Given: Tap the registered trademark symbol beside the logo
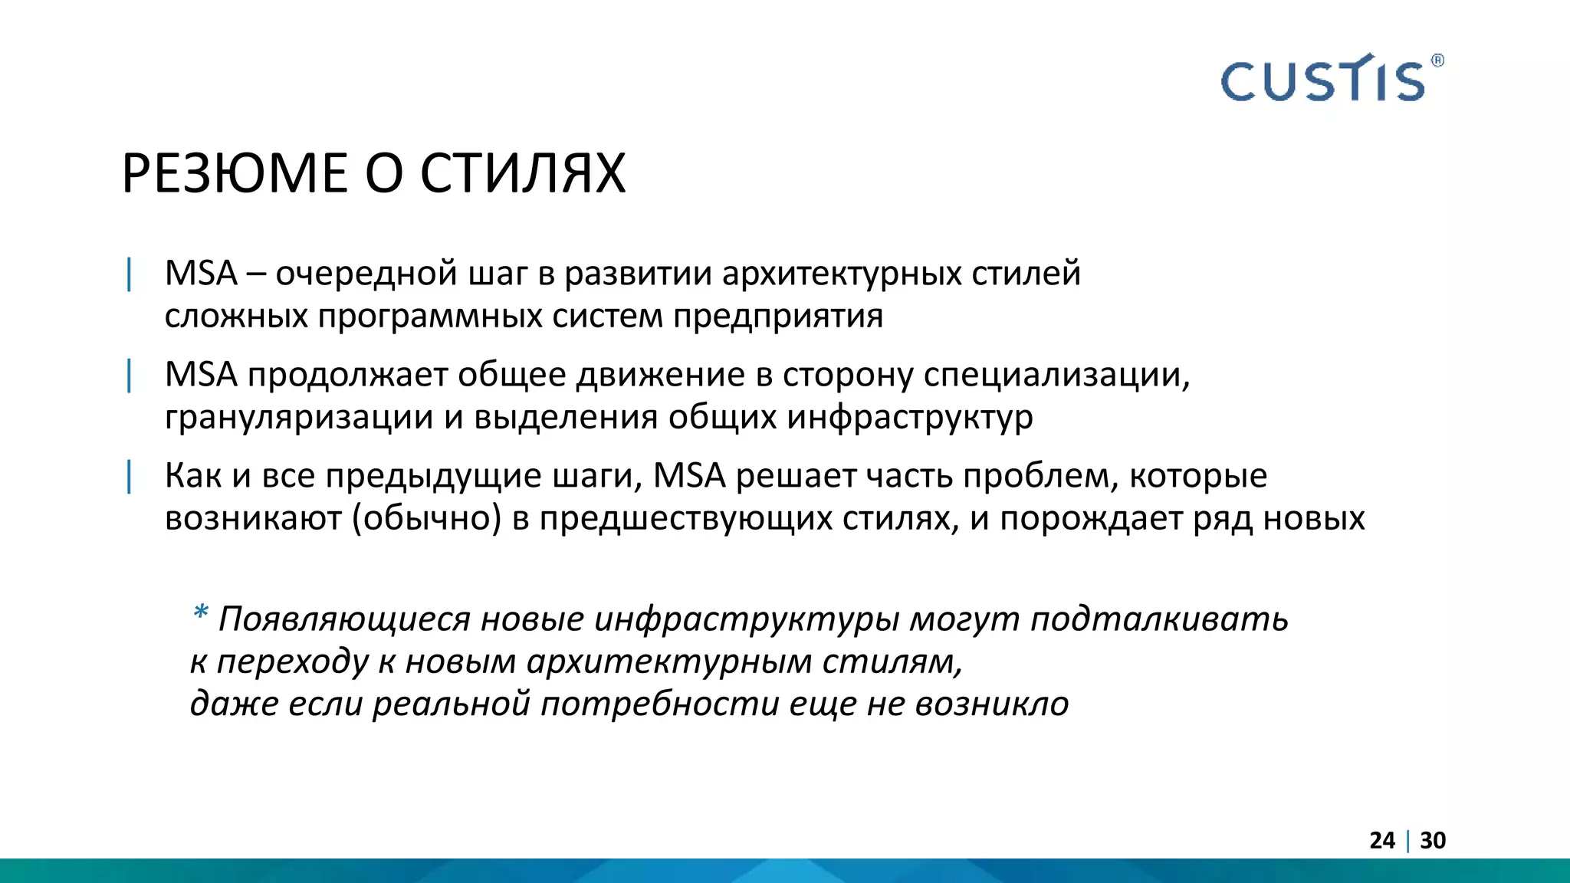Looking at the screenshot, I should (1437, 61).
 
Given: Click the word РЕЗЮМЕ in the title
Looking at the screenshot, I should (234, 173).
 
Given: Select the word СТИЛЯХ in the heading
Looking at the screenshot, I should (523, 173).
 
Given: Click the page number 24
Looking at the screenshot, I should (1382, 840).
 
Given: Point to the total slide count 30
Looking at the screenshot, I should (1433, 840).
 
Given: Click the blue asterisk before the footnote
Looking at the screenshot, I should (201, 613).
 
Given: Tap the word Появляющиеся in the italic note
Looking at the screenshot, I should (344, 619).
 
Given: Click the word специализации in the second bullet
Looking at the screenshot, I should (1056, 375).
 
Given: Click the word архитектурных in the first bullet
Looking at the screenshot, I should (842, 274).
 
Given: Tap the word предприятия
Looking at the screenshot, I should (778, 317).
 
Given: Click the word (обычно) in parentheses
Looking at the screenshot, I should (427, 519).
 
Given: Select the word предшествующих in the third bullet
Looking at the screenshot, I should (685, 519).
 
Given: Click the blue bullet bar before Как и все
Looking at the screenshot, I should (130, 476).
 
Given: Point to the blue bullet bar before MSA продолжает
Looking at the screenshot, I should (130, 375).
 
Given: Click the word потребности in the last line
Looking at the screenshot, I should (660, 704).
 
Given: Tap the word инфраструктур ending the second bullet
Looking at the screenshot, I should (910, 418).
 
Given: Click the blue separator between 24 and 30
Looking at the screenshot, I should (1408, 841).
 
